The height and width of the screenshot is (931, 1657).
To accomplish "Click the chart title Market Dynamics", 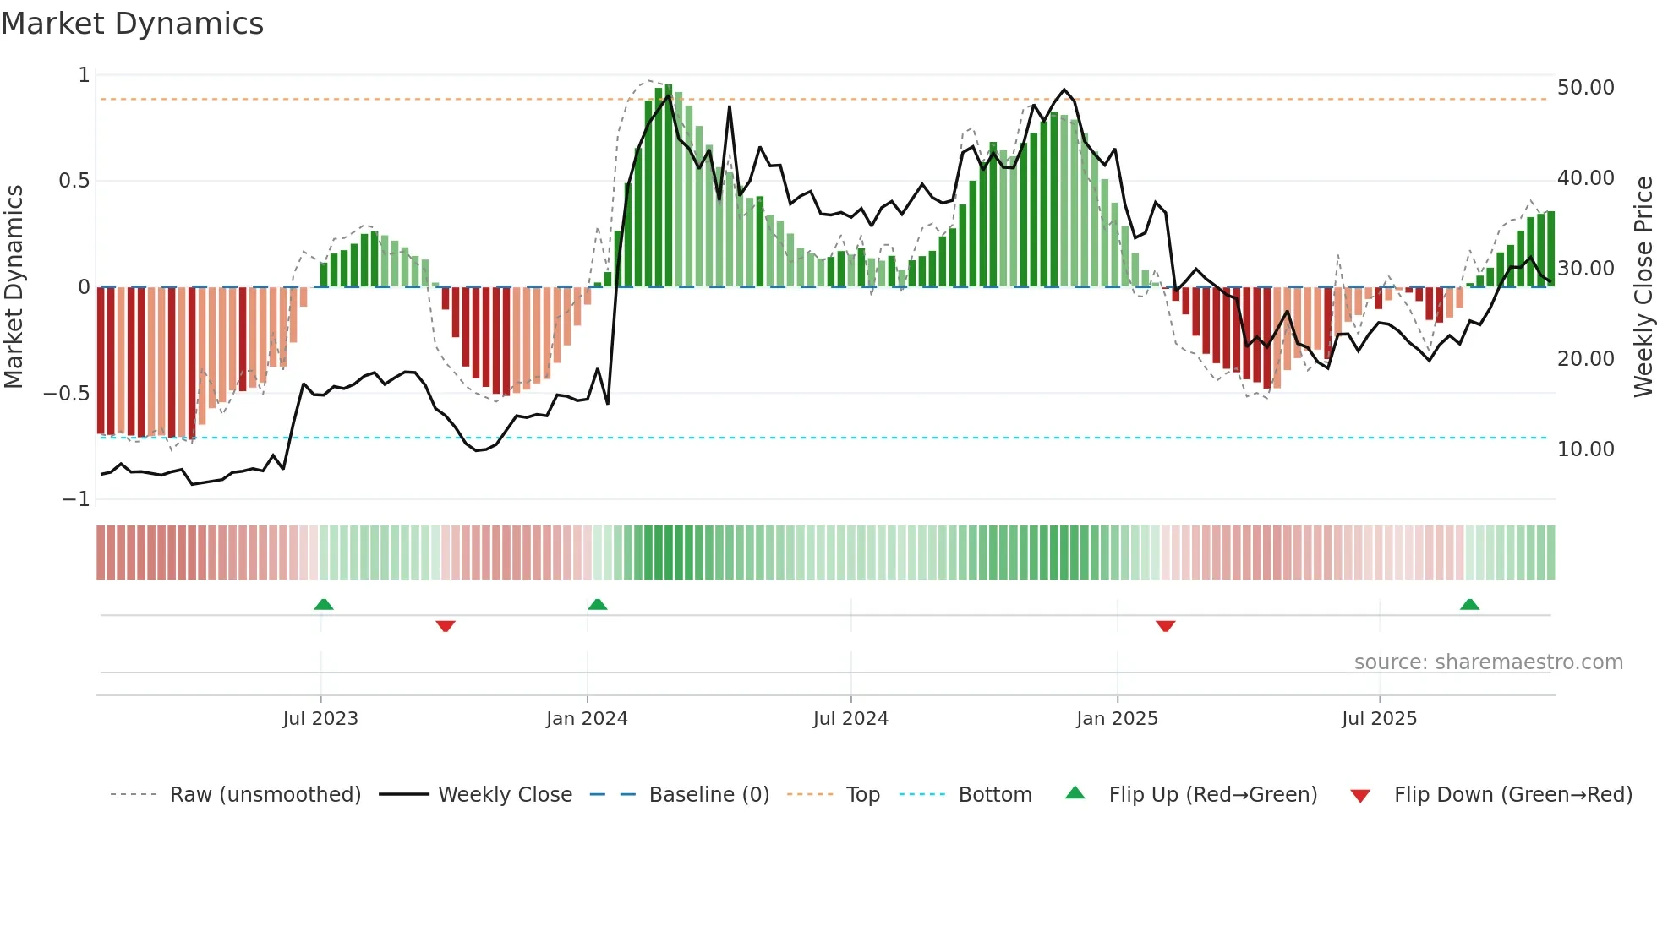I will [x=132, y=24].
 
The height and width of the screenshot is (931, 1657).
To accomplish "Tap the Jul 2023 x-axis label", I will [x=320, y=719].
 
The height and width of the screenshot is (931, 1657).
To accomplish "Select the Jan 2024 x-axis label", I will [x=587, y=719].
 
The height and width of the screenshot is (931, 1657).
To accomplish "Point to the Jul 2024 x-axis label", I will [x=850, y=719].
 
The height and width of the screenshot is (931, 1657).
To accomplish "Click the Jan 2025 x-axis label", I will [x=1117, y=719].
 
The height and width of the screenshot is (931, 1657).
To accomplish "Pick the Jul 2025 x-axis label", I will [x=1379, y=719].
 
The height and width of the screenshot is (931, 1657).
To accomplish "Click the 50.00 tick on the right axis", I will [x=1585, y=88].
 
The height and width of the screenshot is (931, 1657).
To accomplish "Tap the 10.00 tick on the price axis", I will [x=1585, y=449].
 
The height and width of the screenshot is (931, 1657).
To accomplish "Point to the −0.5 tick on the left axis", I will [x=66, y=394].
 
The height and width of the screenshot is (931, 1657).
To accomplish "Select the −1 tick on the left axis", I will [x=75, y=499].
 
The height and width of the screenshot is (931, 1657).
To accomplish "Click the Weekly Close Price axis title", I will [x=1643, y=286].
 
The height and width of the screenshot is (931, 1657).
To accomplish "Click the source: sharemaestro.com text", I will [x=1488, y=662].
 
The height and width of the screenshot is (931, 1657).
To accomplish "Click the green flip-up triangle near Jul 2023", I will [x=324, y=604].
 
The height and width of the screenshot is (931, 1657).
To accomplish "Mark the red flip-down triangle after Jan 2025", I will [x=1165, y=626].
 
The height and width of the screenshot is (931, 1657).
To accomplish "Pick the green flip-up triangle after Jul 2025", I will [x=1469, y=604].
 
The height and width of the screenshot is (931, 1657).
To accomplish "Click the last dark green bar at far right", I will [x=1550, y=249].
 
